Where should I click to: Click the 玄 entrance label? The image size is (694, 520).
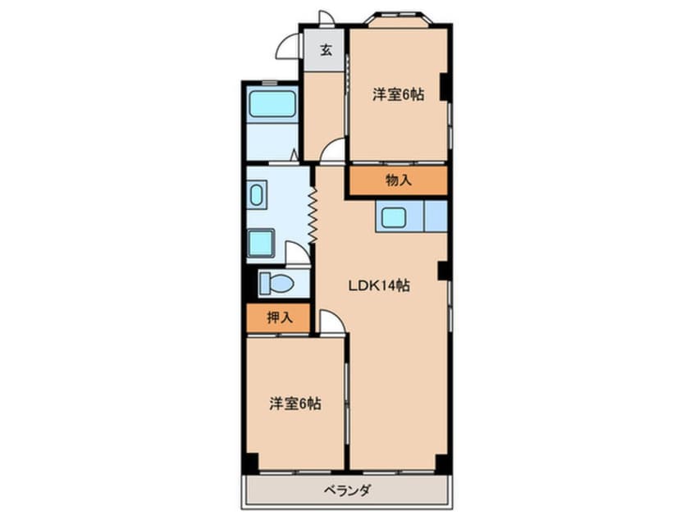[326, 50]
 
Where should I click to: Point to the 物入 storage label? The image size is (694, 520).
[398, 180]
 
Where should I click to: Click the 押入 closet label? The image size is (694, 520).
[279, 317]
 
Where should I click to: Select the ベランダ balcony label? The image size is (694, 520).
[345, 490]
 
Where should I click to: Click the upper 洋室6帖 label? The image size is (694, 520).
[398, 94]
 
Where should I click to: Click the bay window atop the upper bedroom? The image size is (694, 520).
[399, 21]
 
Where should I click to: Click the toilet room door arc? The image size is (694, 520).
[297, 253]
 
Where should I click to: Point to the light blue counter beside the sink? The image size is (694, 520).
[435, 217]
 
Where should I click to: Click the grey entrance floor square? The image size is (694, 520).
[325, 50]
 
